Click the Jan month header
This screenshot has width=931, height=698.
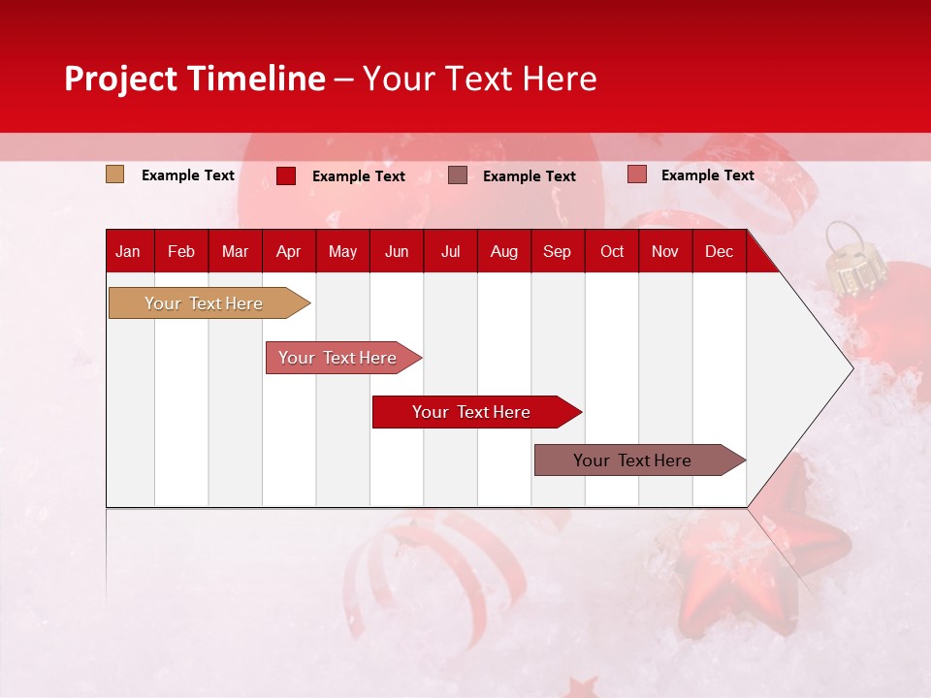click(128, 251)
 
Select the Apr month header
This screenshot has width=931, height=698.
click(289, 251)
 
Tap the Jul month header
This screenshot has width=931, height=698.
click(450, 251)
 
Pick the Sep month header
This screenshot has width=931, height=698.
click(557, 251)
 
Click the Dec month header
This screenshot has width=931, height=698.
click(719, 251)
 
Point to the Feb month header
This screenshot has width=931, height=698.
click(181, 251)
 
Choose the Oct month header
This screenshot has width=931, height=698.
click(612, 251)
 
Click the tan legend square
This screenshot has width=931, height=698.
click(115, 174)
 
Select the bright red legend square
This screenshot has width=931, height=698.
click(286, 175)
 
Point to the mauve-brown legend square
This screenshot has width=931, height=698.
click(458, 175)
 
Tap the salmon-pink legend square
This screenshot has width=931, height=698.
click(636, 174)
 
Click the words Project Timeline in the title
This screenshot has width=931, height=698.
click(195, 79)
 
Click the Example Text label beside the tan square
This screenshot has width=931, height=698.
click(188, 175)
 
